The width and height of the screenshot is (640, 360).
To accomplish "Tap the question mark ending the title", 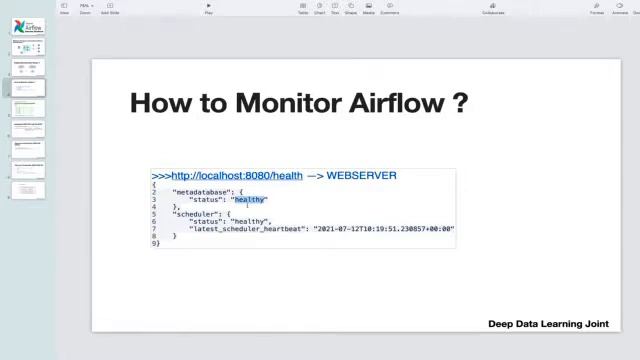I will click(x=460, y=103).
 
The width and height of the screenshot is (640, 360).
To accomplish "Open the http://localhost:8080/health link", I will click(x=236, y=176).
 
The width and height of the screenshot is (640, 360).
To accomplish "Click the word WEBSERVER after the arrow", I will click(x=361, y=176).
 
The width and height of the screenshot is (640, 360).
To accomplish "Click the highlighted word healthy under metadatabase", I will click(x=249, y=200).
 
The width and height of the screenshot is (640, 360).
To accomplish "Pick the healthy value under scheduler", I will click(x=250, y=222).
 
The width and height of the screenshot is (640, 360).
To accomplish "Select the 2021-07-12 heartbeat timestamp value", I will click(x=383, y=229).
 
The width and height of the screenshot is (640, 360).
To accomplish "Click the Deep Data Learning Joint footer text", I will click(x=548, y=324).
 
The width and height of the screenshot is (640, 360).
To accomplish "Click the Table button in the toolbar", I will click(x=303, y=9).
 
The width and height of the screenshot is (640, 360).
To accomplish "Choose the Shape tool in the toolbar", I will click(x=352, y=9).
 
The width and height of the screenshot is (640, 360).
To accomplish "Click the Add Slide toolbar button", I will click(x=110, y=9).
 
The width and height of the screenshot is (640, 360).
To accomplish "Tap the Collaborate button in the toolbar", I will click(x=493, y=9).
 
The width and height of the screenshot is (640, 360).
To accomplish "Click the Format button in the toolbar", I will click(x=597, y=9).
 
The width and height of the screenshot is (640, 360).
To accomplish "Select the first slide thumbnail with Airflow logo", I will click(x=28, y=26).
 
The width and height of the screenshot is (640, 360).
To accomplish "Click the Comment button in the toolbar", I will click(x=390, y=9).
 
